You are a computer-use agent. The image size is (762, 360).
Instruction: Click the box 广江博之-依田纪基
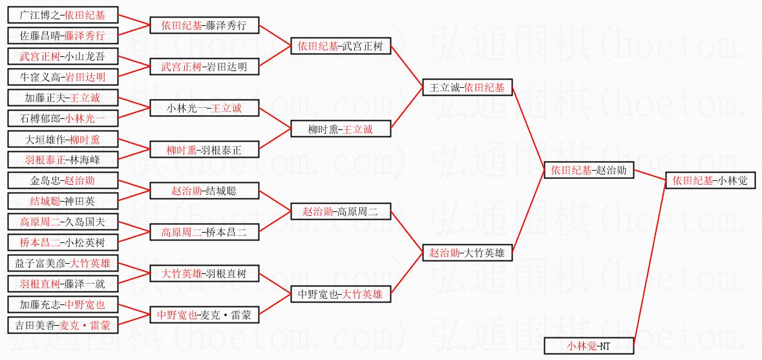pos(62,15)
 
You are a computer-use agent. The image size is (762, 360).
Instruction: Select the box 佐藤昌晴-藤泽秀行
pos(62,36)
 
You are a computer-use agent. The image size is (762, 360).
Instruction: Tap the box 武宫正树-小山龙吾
pos(62,56)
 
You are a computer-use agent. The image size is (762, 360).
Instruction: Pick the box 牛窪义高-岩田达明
pos(62,78)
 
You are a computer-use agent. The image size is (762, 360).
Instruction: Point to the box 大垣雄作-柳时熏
pos(62,139)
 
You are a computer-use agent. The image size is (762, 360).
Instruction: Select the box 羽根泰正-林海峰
pos(62,159)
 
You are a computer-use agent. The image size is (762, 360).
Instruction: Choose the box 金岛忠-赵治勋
pos(62,180)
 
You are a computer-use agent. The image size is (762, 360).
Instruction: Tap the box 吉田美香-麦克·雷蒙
pos(62,325)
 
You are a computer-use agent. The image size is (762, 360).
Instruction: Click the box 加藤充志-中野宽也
pos(62,304)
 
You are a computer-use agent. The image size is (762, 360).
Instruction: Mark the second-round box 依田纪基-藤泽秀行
pos(204,25)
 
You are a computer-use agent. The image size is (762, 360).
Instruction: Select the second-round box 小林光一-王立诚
pos(204,107)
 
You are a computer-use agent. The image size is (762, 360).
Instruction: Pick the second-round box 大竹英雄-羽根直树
pos(204,274)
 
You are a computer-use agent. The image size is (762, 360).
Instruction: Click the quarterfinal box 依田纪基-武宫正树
pos(341,46)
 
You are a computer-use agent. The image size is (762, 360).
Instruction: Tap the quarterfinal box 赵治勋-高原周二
pos(341,211)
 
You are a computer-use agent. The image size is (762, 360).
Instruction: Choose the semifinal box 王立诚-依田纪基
pos(468,87)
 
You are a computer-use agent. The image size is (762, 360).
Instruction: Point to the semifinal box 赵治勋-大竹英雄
pos(468,253)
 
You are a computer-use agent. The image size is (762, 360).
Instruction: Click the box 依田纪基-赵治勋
pos(589,171)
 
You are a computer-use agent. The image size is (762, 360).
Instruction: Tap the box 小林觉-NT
pos(589,346)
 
